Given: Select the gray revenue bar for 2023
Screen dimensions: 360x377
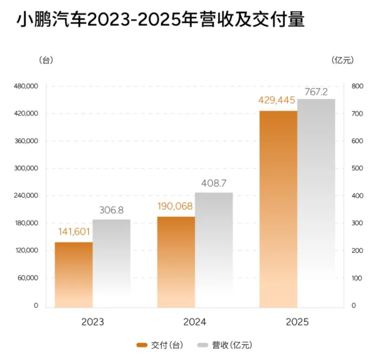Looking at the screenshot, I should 112,264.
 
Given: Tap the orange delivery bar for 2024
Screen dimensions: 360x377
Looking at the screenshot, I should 176,262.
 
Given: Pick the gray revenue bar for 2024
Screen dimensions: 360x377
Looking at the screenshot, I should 214,249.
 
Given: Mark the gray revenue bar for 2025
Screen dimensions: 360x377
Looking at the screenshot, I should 316,203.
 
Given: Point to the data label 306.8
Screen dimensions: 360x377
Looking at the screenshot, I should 112,210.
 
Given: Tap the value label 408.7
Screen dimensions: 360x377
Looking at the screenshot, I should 214,183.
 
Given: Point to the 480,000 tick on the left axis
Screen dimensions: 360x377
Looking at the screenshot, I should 26,87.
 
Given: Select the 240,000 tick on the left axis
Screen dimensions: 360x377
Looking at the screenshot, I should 26,196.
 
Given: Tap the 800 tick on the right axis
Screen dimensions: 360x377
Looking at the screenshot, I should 357,87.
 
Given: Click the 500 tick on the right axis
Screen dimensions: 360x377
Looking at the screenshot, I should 357,168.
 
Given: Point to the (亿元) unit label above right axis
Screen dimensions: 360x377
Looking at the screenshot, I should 342,60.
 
